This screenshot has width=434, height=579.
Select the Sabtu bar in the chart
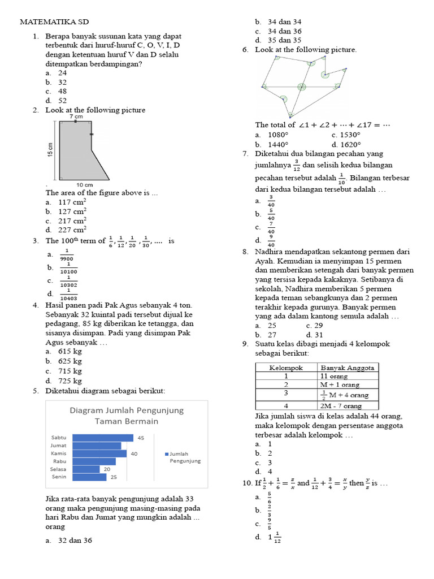pyautogui.click(x=103, y=438)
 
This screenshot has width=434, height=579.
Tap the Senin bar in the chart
pyautogui.click(x=90, y=477)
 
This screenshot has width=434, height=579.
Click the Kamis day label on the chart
pyautogui.click(x=59, y=453)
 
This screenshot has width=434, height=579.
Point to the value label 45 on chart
pyautogui.click(x=141, y=438)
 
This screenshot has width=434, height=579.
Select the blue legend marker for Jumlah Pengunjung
pyautogui.click(x=167, y=453)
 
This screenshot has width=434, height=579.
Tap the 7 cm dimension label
pyautogui.click(x=76, y=116)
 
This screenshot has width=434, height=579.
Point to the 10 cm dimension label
pyautogui.click(x=84, y=185)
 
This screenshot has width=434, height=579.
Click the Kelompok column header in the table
pyautogui.click(x=286, y=368)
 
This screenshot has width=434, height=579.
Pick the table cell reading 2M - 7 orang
pyautogui.click(x=340, y=406)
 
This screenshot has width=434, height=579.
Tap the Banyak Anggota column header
pyautogui.click(x=346, y=368)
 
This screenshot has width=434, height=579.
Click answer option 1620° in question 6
pyautogui.click(x=351, y=144)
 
